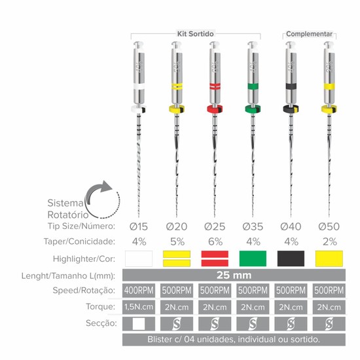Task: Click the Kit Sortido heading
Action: pyautogui.click(x=196, y=34)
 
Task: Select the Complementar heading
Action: pyautogui.click(x=309, y=34)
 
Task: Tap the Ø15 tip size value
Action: pyautogui.click(x=139, y=226)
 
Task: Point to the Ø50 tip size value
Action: pyautogui.click(x=329, y=226)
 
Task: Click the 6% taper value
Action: pyautogui.click(x=215, y=242)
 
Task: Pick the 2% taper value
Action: pyautogui.click(x=330, y=242)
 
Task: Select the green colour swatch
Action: pyautogui.click(x=253, y=259)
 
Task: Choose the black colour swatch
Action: pyautogui.click(x=291, y=259)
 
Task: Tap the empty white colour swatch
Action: pyautogui.click(x=139, y=259)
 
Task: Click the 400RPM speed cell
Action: pyautogui.click(x=139, y=291)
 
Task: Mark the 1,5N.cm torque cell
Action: pyautogui.click(x=139, y=307)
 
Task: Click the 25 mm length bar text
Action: pyautogui.click(x=234, y=275)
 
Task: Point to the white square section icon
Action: pyautogui.click(x=139, y=324)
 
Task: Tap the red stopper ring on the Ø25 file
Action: pyautogui.click(x=215, y=109)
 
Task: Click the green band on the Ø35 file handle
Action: pyautogui.click(x=253, y=86)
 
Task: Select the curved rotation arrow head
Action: pyautogui.click(x=106, y=186)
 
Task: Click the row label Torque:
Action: pyautogui.click(x=100, y=306)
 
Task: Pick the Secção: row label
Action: pyautogui.click(x=101, y=323)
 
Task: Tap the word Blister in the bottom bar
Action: pyautogui.click(x=160, y=339)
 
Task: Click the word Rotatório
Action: pyautogui.click(x=68, y=215)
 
